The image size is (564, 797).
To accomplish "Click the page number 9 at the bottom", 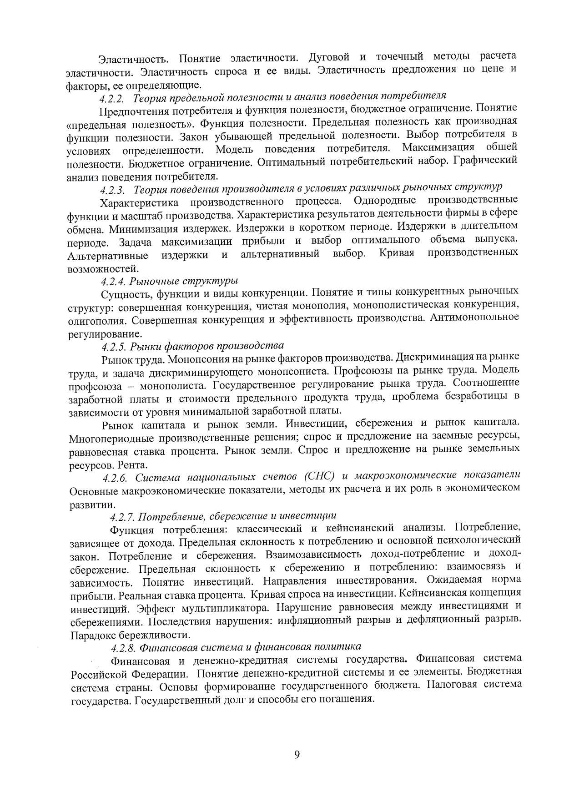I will tap(297, 755).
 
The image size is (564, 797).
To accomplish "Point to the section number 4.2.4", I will tap(113, 281).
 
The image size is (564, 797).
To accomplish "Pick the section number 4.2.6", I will tap(117, 478).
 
